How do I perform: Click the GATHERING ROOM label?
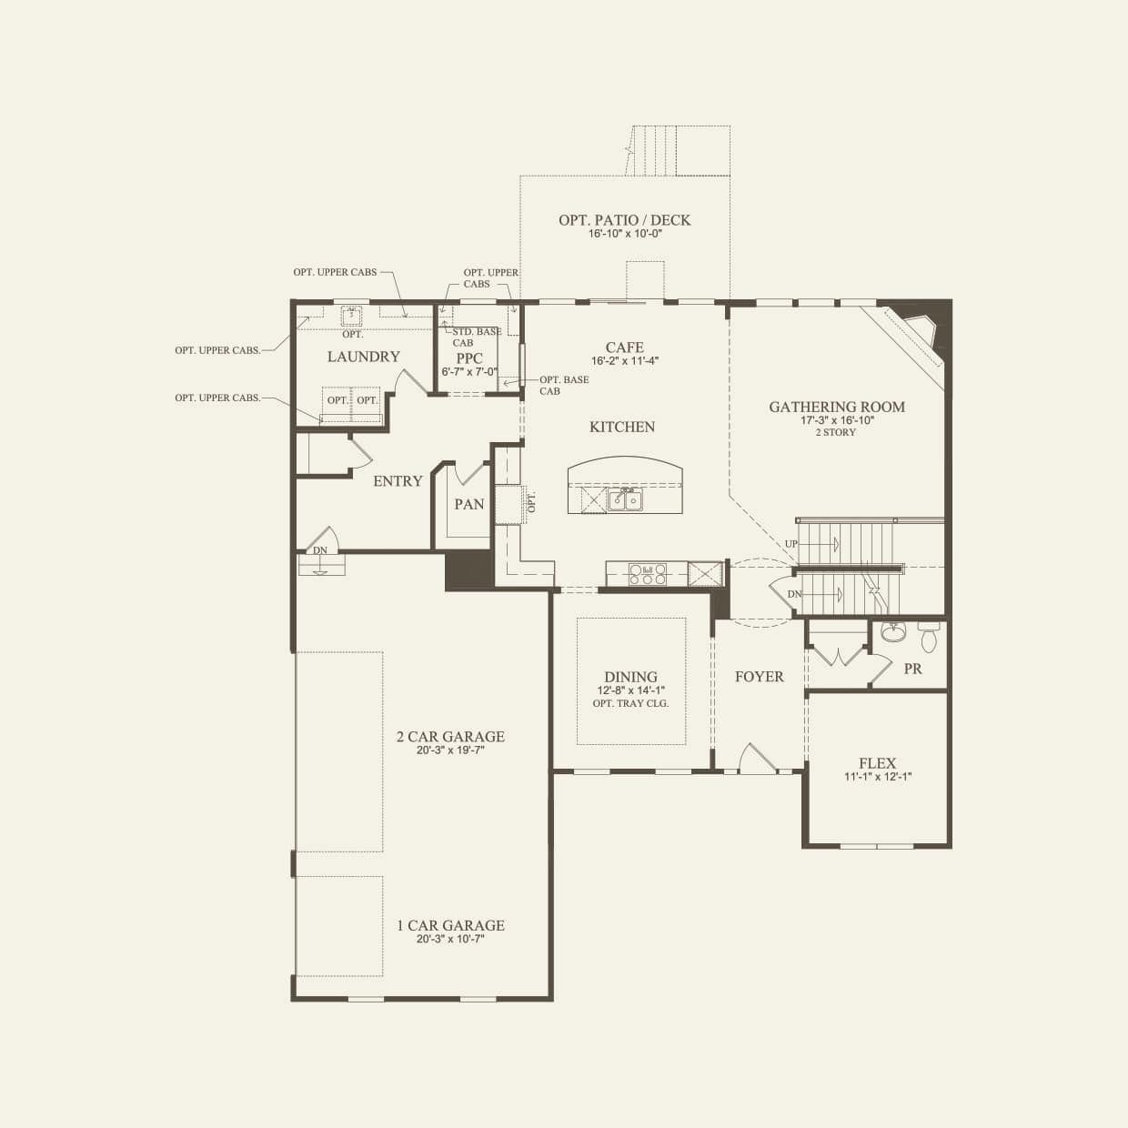837,408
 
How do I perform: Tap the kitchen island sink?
625,499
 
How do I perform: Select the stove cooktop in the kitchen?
647,574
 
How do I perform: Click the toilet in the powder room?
929,638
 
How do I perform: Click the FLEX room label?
877,764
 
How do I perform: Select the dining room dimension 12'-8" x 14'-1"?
630,690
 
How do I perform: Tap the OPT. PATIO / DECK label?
624,220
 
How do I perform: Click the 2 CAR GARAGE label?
450,737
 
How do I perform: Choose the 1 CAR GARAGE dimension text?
450,939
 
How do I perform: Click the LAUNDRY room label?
363,357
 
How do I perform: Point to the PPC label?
469,358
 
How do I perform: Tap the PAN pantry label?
468,504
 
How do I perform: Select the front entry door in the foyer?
758,760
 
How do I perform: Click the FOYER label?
759,677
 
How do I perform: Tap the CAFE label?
624,347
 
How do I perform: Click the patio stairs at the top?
678,149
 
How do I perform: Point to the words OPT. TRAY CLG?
630,703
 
